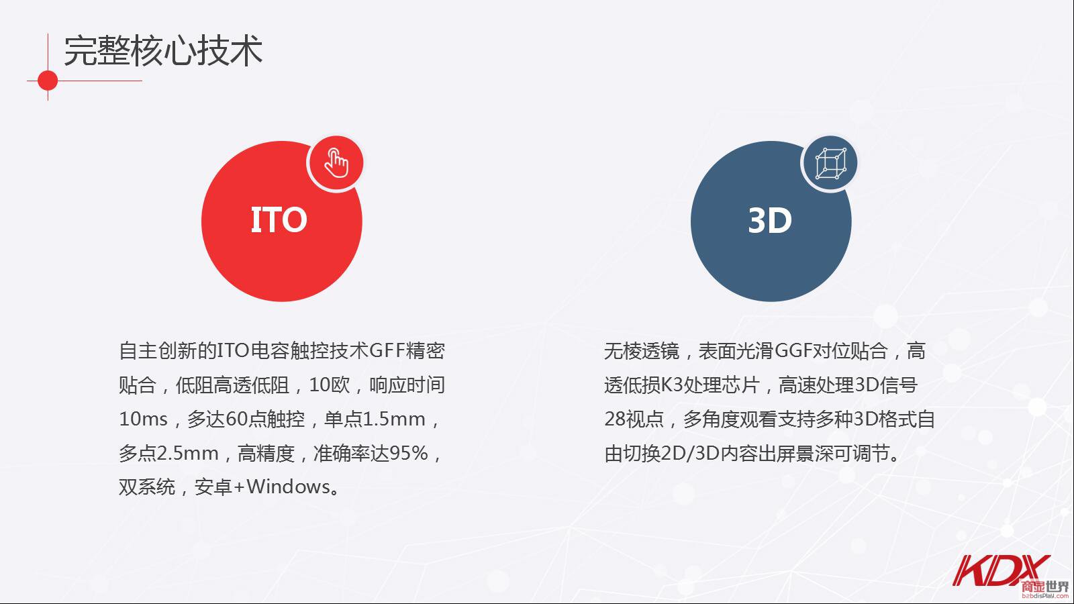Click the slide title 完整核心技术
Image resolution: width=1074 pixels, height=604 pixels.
pos(163,50)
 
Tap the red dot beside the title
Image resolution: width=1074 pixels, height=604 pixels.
pos(48,81)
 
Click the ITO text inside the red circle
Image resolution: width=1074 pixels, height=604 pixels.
pos(279,220)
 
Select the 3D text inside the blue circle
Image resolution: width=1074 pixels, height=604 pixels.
pos(770,221)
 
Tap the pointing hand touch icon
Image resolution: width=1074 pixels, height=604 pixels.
pos(336,163)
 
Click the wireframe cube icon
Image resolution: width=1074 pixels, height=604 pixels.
pos(831,164)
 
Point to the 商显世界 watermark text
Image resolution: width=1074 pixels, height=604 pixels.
pos(1044,587)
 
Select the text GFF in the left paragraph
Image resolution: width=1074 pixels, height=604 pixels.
pos(387,350)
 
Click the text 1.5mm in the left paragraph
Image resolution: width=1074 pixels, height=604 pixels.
pos(393,419)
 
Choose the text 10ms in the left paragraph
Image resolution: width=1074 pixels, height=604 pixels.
pos(144,419)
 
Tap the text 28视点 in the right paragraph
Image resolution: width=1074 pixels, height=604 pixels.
pos(634,419)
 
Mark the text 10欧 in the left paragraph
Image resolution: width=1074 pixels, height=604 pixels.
pos(330,385)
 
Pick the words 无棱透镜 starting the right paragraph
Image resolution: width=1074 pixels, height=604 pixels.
pos(642,350)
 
